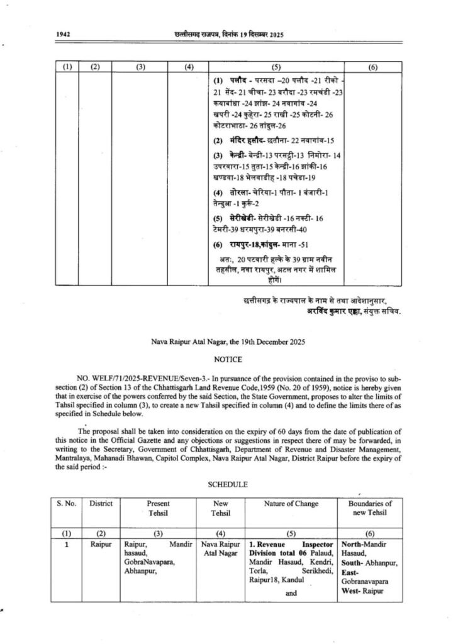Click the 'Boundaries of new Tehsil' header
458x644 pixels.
[370, 508]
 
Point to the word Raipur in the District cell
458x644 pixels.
[101, 541]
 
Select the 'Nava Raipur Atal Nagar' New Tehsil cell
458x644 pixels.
[221, 547]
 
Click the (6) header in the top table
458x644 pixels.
[372, 67]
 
